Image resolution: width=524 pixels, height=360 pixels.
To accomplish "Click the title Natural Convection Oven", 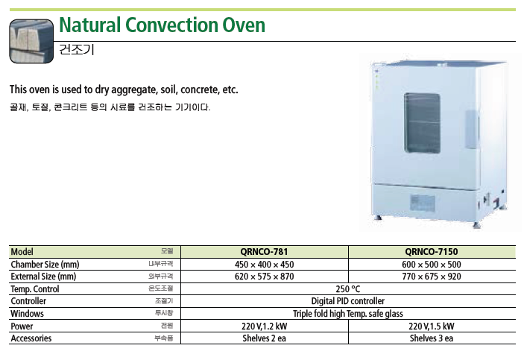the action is pyautogui.click(x=162, y=25).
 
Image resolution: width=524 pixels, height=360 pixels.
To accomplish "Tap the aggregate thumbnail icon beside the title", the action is pyautogui.click(x=31, y=41).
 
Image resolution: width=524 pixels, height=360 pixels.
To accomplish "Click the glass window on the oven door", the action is pyautogui.click(x=422, y=123).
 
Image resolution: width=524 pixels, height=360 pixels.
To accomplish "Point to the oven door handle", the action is pyautogui.click(x=472, y=130).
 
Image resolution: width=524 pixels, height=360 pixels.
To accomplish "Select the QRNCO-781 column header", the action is pyautogui.click(x=264, y=252).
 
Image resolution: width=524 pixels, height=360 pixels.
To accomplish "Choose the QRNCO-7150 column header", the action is pyautogui.click(x=432, y=252).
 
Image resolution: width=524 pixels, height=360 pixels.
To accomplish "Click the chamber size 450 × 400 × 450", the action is pyautogui.click(x=264, y=265).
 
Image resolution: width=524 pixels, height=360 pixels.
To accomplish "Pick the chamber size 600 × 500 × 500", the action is pyautogui.click(x=432, y=265).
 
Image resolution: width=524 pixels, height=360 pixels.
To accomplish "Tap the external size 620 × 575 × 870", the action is pyautogui.click(x=264, y=277).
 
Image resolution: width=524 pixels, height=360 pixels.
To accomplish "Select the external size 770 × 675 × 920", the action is pyautogui.click(x=432, y=277).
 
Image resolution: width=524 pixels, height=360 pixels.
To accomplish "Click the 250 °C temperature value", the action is pyautogui.click(x=348, y=288).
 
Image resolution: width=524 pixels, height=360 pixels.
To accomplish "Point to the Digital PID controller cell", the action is pyautogui.click(x=348, y=301).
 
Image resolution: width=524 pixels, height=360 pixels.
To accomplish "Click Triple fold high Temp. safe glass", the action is pyautogui.click(x=348, y=314).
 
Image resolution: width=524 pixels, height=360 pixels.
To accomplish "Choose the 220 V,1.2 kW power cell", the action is pyautogui.click(x=264, y=326).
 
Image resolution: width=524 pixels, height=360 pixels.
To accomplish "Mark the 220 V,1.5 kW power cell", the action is pyautogui.click(x=432, y=326).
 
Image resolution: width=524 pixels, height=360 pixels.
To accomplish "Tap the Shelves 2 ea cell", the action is pyautogui.click(x=264, y=338).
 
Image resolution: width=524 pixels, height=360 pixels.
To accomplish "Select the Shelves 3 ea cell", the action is pyautogui.click(x=432, y=338).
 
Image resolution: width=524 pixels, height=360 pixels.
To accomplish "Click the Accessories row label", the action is pyautogui.click(x=31, y=338).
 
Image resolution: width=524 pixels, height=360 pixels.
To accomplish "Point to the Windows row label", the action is pyautogui.click(x=27, y=314).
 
